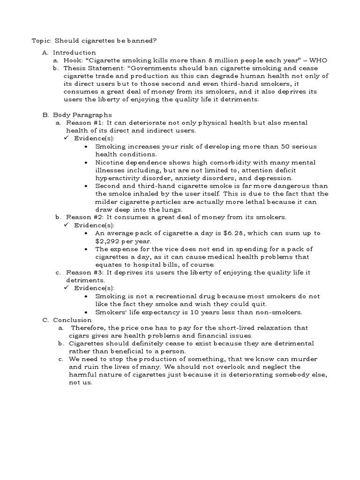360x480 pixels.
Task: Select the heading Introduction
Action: point(74,52)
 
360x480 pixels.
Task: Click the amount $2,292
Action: point(108,241)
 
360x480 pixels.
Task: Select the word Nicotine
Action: point(110,162)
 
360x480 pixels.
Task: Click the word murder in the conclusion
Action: point(304,359)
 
